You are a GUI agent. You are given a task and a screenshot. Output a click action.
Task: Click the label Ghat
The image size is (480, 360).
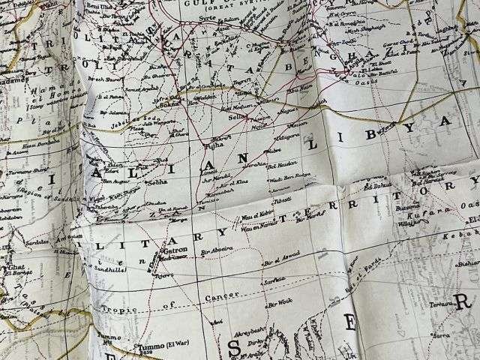tap(15, 268)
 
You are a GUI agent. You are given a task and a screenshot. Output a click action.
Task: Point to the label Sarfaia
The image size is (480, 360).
tap(274, 280)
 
